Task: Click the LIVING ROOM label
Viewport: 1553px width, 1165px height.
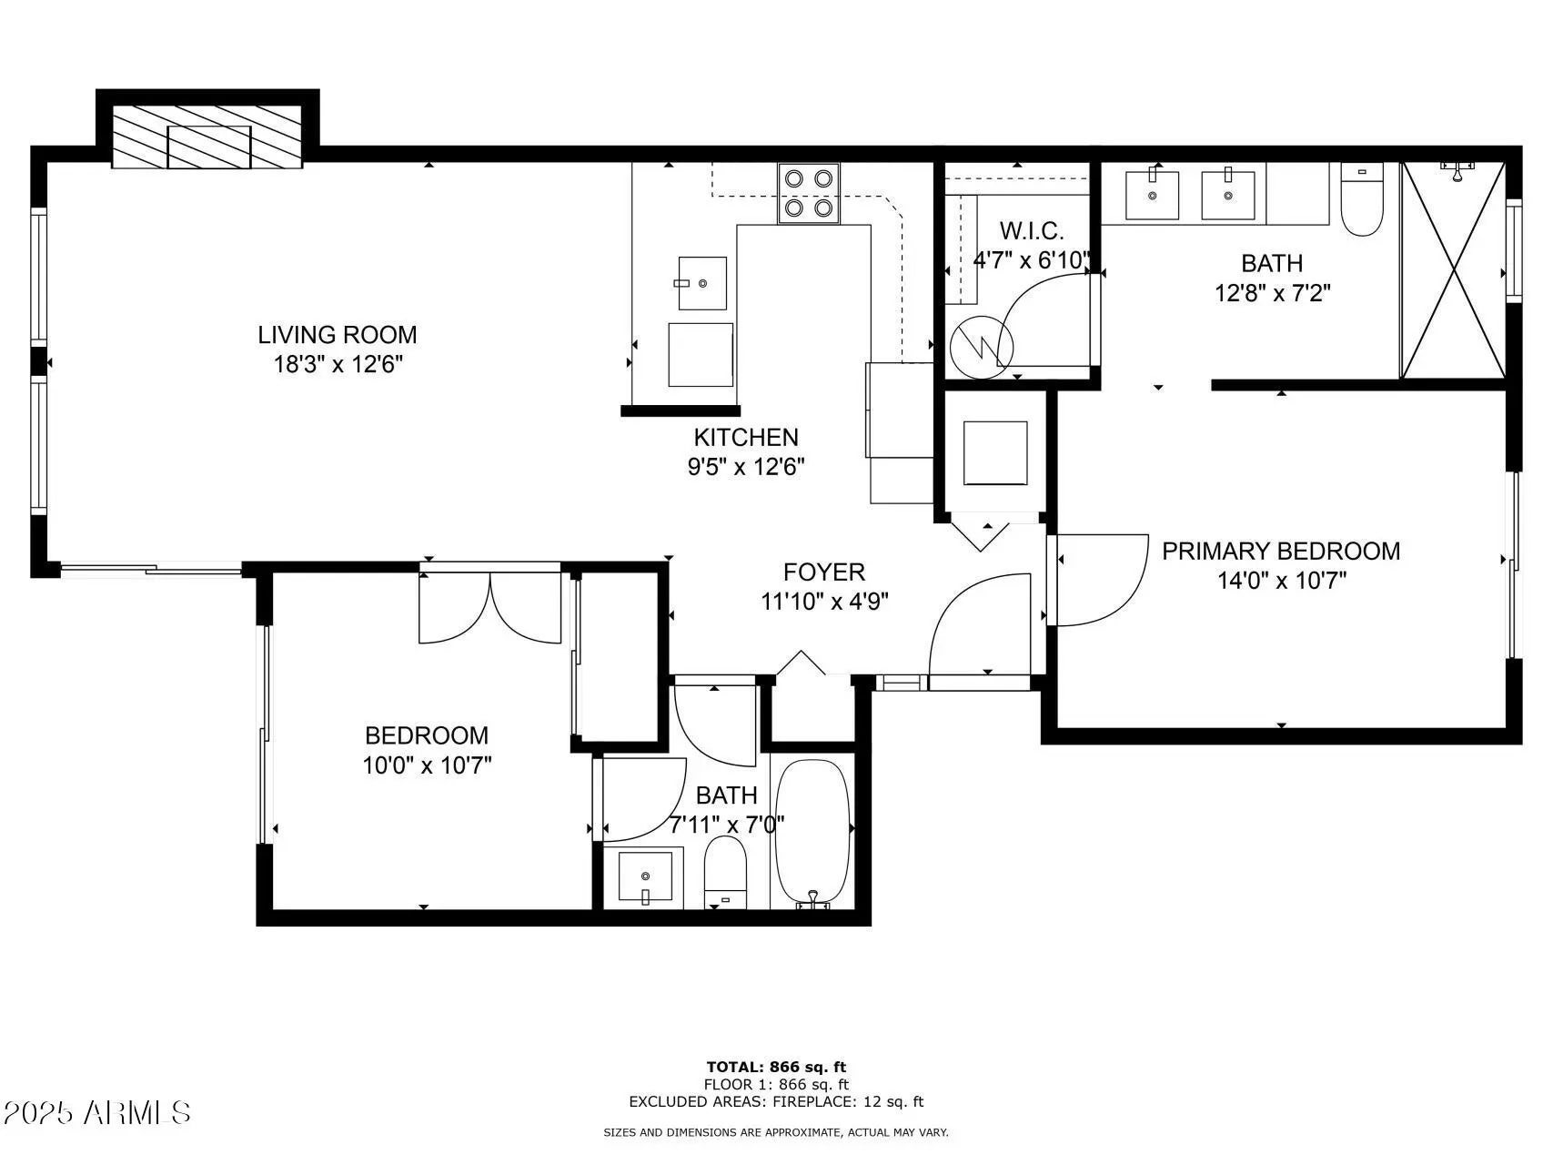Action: point(338,335)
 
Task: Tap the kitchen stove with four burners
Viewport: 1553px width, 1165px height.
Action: point(809,193)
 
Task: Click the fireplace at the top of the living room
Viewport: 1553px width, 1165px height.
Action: point(207,136)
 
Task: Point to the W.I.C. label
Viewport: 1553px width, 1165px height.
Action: point(1032,230)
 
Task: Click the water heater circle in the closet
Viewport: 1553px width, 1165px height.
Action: point(982,347)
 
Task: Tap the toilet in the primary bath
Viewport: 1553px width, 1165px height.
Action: point(1362,199)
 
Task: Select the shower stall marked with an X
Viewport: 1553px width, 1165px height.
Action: point(1453,269)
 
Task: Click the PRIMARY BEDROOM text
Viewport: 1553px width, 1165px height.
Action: point(1281,551)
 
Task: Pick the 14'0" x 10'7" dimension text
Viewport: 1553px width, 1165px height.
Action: point(1282,581)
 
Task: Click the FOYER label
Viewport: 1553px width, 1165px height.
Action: point(824,572)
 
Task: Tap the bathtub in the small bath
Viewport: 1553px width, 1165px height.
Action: point(812,833)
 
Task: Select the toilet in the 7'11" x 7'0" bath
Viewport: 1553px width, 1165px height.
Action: point(725,873)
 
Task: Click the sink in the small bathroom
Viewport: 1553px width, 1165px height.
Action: point(645,878)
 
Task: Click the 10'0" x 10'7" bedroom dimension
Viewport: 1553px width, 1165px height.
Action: point(427,765)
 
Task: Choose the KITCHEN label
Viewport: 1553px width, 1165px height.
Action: point(746,437)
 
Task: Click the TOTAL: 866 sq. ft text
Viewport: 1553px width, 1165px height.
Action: point(776,1067)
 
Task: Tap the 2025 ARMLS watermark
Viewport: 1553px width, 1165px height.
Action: point(96,1112)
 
